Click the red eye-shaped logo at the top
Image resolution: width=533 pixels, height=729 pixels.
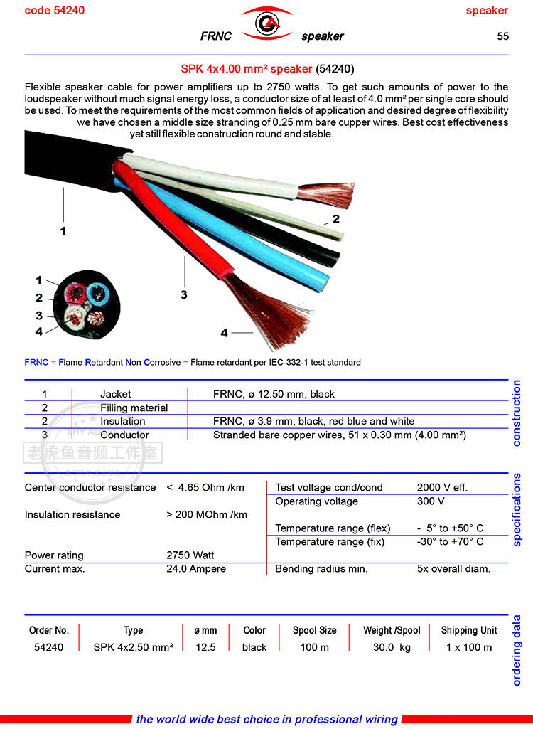[266, 24]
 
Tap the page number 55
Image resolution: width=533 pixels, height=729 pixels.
[502, 36]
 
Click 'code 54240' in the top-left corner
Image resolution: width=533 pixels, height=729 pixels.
[55, 10]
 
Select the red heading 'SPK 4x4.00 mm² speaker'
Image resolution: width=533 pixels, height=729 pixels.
[246, 69]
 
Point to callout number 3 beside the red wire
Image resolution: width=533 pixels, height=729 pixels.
[183, 294]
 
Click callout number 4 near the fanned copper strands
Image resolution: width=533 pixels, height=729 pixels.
[225, 332]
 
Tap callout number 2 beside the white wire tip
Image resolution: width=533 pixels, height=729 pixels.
[335, 218]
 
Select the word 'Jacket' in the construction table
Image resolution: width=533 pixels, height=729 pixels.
[115, 394]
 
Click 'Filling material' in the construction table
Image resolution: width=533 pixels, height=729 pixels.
[134, 408]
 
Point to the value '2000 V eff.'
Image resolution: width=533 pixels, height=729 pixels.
[442, 487]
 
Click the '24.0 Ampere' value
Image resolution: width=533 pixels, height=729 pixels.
[196, 568]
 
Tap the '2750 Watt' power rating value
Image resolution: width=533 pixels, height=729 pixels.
[190, 555]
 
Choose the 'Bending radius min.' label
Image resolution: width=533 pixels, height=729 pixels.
[321, 568]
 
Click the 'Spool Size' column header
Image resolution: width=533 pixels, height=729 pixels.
[315, 630]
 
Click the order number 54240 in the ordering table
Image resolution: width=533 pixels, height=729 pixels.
[48, 647]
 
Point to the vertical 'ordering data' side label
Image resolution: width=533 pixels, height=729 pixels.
[517, 650]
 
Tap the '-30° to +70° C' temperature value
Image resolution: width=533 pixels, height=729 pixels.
[451, 541]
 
